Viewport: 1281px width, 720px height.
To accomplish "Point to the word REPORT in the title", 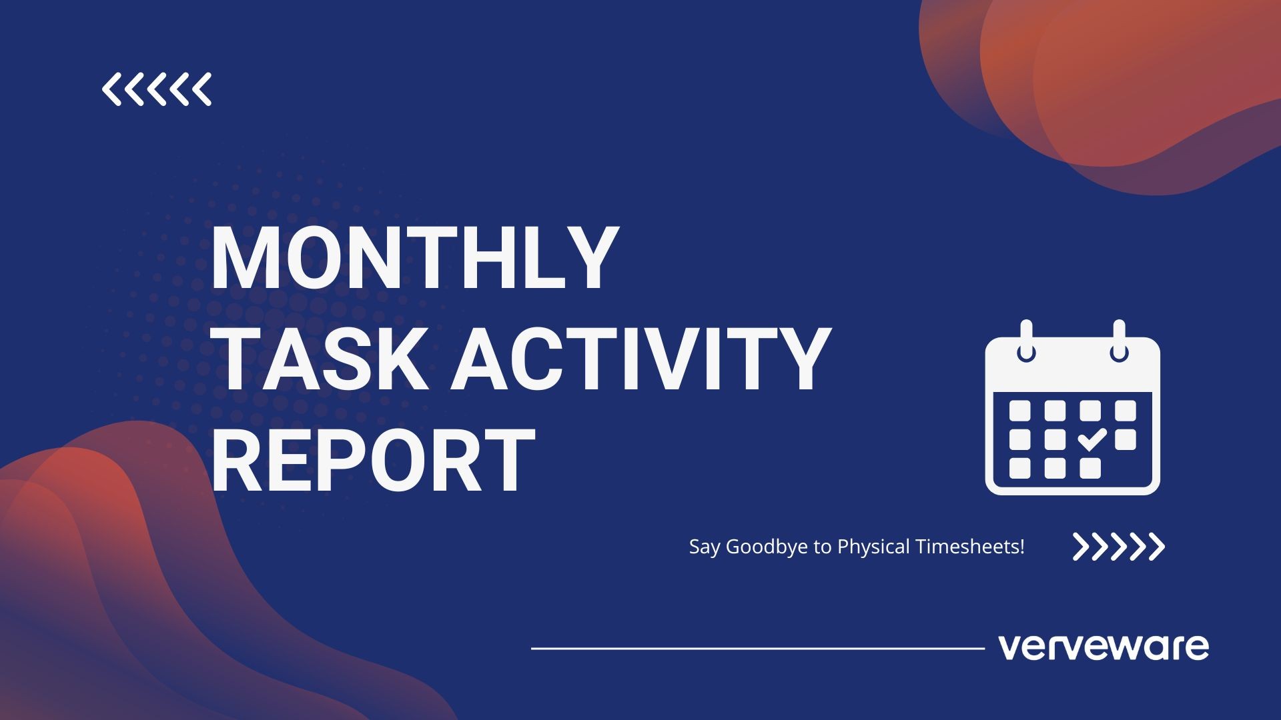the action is [374, 460].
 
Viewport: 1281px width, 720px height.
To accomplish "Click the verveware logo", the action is [1104, 647].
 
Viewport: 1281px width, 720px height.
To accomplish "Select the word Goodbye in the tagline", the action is [767, 547].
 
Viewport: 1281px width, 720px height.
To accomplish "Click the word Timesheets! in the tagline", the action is [970, 547].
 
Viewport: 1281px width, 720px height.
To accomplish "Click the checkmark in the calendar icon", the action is [1092, 440].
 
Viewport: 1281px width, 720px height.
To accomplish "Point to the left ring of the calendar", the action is [1026, 341].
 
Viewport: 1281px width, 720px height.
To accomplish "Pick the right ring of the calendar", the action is [1119, 341].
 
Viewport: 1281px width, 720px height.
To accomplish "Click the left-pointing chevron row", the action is [157, 89].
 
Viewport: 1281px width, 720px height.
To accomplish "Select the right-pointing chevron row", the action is [1119, 547].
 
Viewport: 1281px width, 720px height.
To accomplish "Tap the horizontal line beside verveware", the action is [758, 647].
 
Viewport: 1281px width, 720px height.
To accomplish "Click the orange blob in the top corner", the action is [1108, 87].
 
